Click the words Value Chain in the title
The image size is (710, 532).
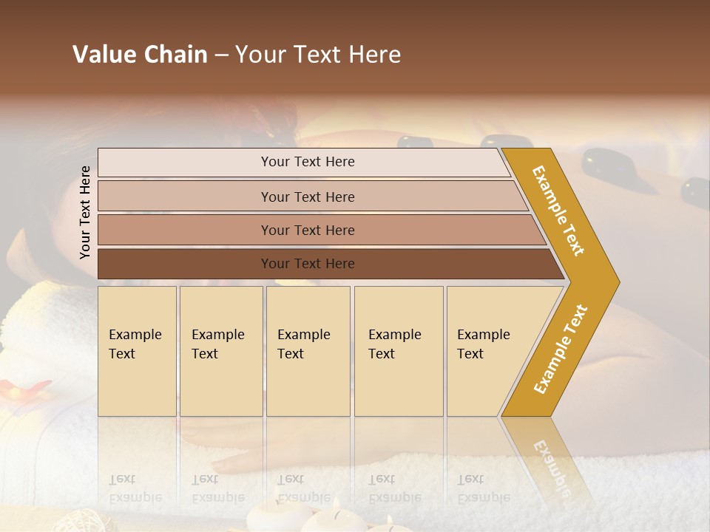tap(140, 55)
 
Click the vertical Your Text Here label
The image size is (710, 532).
tap(85, 212)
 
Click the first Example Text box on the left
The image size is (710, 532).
tap(137, 351)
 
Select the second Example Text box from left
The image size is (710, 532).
tap(221, 351)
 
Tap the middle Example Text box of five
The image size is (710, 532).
tap(308, 351)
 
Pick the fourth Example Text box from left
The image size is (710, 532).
tap(399, 351)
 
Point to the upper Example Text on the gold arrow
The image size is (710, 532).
tap(558, 211)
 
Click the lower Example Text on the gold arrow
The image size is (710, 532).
tap(561, 349)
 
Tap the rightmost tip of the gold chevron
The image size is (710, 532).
tap(618, 282)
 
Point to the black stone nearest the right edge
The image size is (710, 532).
tap(696, 192)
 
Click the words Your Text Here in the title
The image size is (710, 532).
tap(318, 55)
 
